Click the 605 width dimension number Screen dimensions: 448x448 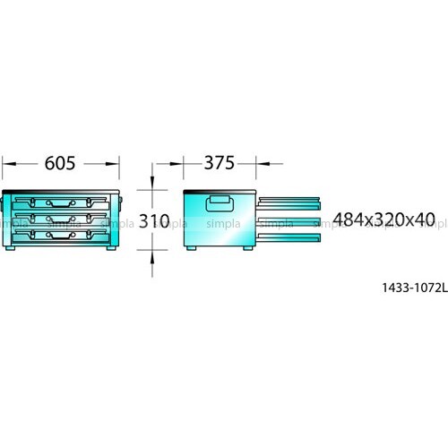coord(60,163)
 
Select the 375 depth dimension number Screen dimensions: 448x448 coord(220,163)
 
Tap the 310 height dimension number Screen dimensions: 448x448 coord(154,221)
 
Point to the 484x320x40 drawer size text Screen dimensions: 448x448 coord(384,220)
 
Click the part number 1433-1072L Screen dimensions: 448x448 coord(415,288)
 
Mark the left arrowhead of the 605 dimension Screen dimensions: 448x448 coord(9,164)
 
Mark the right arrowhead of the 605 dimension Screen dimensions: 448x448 coord(113,164)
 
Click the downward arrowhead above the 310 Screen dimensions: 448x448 coord(152,183)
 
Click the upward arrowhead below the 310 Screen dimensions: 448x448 coord(152,257)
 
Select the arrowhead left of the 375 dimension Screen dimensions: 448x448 coord(177,164)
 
